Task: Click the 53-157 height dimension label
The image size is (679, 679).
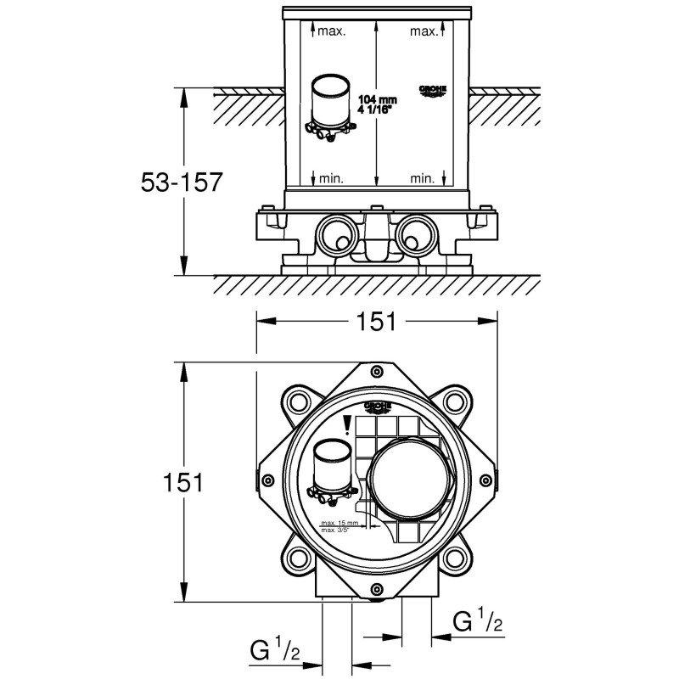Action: pos(181,182)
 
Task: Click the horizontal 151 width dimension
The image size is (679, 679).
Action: pos(377,322)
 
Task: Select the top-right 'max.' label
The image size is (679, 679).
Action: pos(424,32)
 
